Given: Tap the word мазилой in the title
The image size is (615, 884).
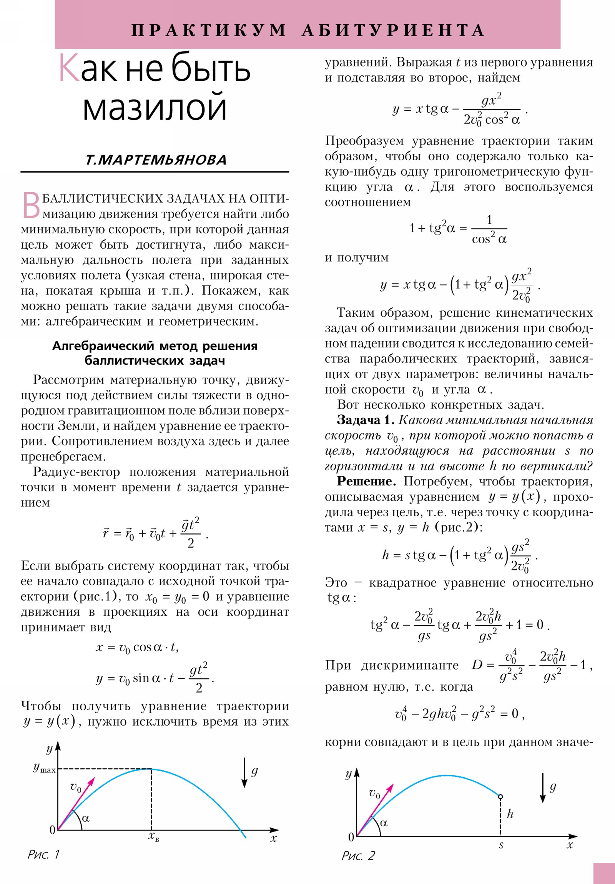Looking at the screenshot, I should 155,106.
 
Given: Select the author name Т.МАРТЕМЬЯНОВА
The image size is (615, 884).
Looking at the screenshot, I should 156,160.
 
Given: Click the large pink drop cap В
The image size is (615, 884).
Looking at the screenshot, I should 31,205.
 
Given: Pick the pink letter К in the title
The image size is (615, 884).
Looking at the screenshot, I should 69,68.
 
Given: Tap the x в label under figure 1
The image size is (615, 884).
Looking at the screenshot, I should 153,837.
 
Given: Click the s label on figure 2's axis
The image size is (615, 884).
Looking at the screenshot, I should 500,844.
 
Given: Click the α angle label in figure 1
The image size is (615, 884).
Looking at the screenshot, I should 85,818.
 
